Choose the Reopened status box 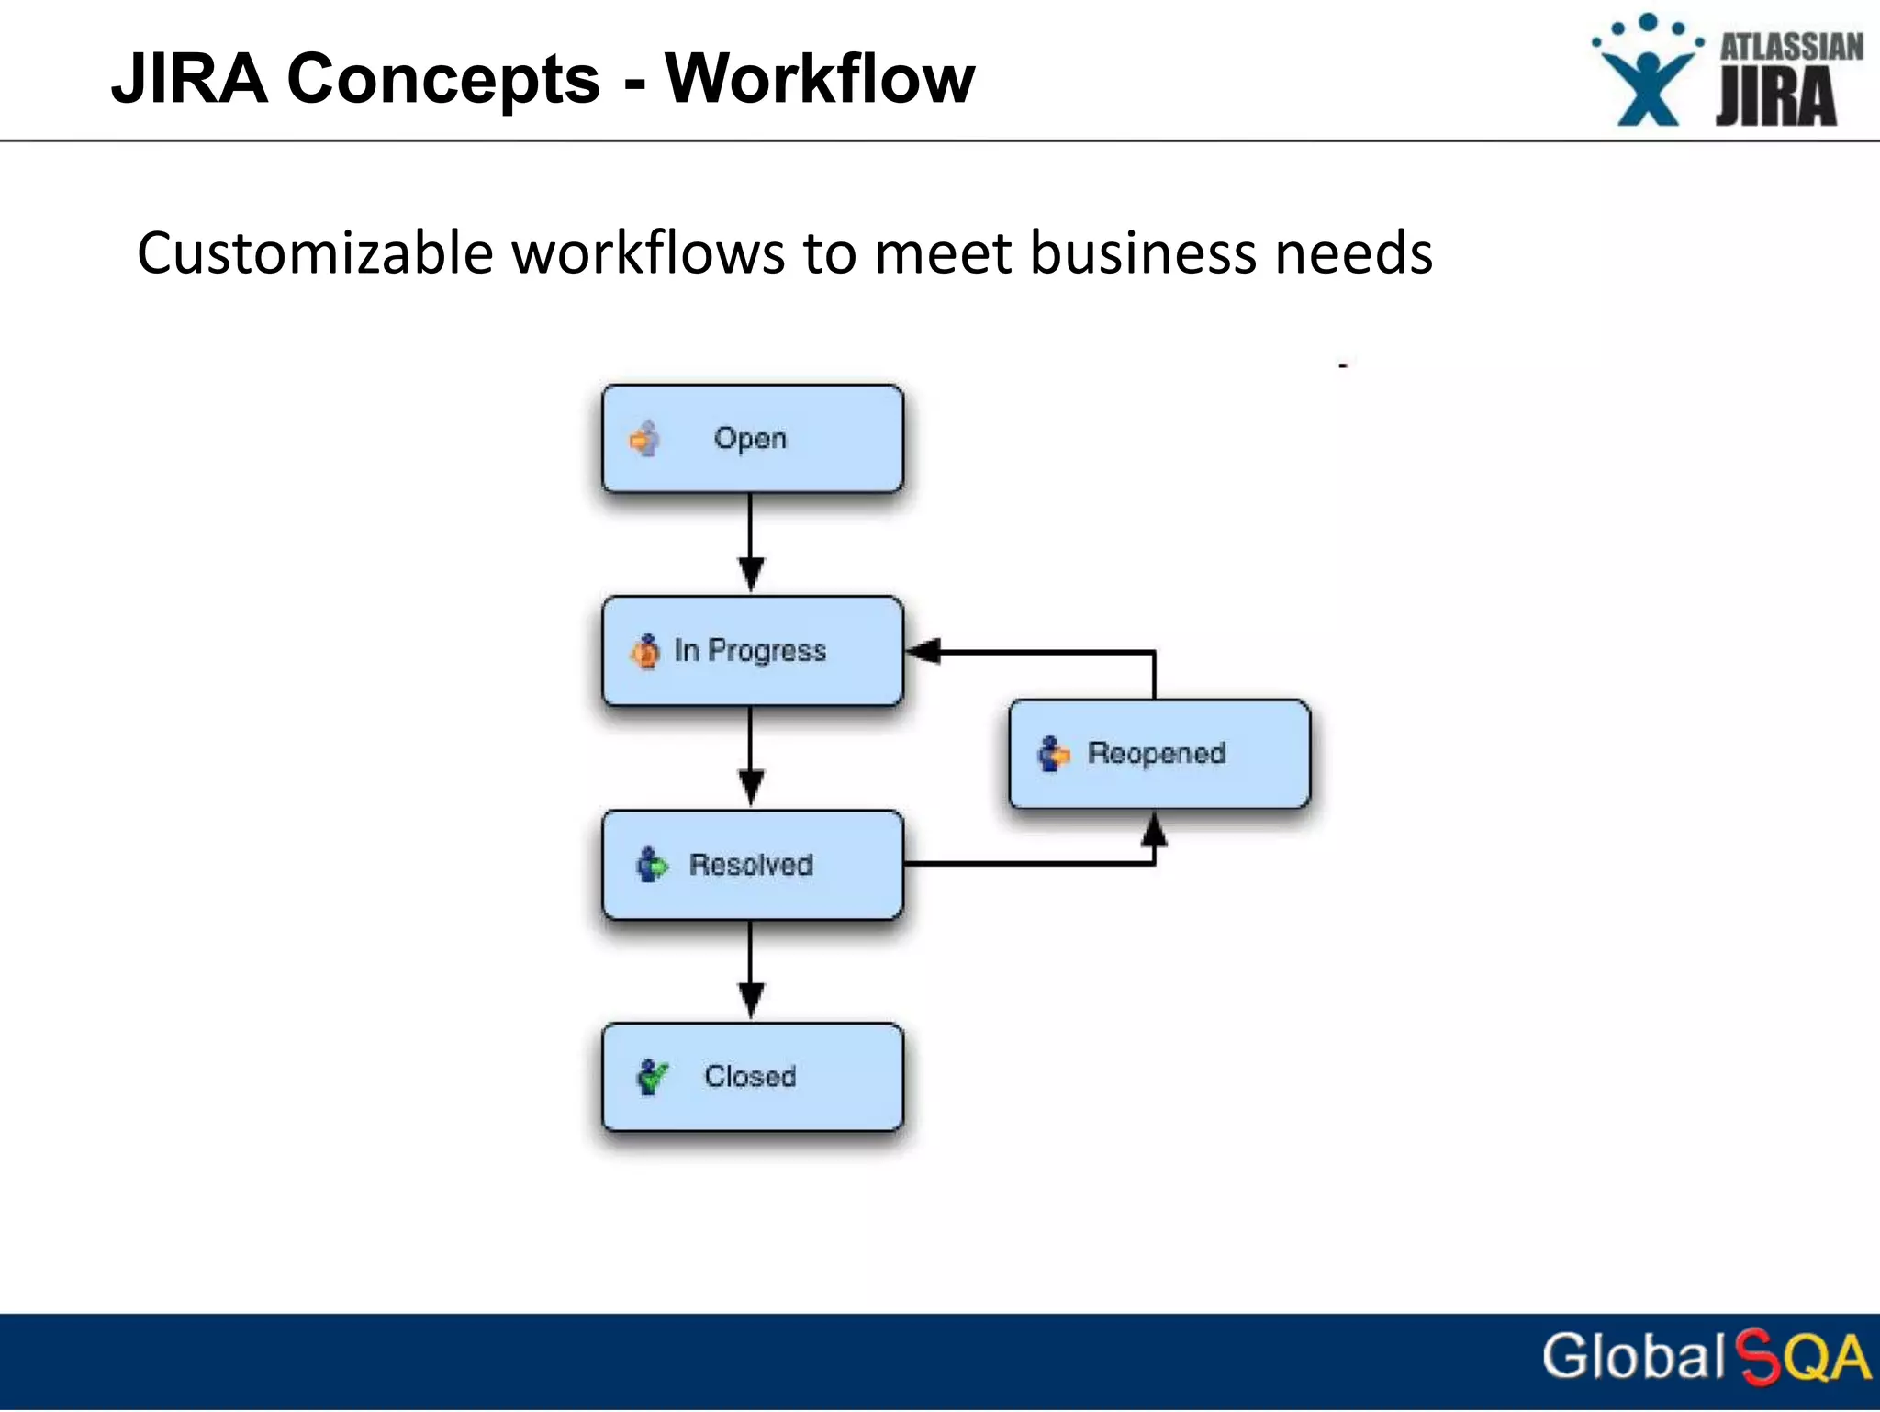pyautogui.click(x=1159, y=754)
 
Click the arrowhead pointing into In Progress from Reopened pyautogui.click(x=923, y=651)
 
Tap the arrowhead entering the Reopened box pyautogui.click(x=1154, y=830)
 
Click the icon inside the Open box pyautogui.click(x=645, y=439)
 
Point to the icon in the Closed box pyautogui.click(x=653, y=1076)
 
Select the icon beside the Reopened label pyautogui.click(x=1053, y=754)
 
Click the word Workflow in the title pyautogui.click(x=819, y=79)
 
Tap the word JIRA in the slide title pyautogui.click(x=189, y=79)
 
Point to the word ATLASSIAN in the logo pyautogui.click(x=1791, y=47)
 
